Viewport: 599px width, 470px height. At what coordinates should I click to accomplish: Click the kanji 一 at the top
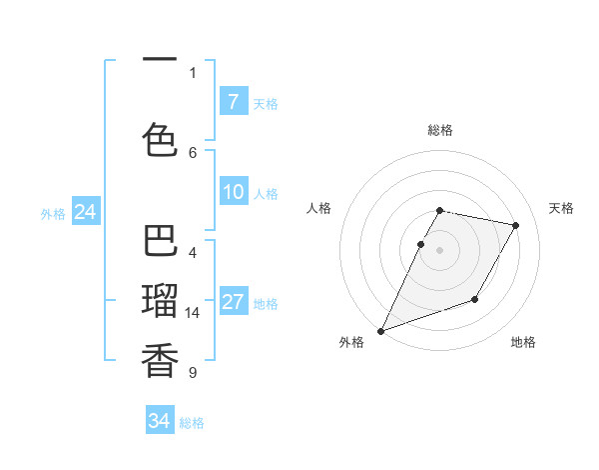point(160,60)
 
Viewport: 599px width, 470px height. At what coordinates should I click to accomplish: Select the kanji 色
point(160,138)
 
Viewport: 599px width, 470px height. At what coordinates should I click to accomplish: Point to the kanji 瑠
point(160,300)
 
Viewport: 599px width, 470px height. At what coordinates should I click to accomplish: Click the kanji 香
point(160,359)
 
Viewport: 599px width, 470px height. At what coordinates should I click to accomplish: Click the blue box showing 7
point(233,102)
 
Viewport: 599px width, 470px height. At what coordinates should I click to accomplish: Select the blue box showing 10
point(233,193)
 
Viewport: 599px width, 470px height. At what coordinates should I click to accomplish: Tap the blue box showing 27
point(233,303)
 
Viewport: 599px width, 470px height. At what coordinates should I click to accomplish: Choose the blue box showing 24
point(85,212)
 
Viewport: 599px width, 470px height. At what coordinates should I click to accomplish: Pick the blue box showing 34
point(160,422)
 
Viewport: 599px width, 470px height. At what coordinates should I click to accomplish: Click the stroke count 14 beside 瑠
point(193,313)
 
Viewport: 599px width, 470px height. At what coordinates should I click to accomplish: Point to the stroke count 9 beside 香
point(193,373)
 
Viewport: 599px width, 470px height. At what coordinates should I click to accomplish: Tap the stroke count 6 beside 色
point(193,152)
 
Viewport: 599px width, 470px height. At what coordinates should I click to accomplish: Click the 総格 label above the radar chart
point(440,131)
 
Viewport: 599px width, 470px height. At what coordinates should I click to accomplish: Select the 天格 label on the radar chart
point(561,208)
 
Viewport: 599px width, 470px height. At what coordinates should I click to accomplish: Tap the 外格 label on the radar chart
point(351,343)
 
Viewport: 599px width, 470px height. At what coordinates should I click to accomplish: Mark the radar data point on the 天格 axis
point(516,226)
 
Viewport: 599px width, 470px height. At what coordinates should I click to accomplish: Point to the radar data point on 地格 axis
point(475,299)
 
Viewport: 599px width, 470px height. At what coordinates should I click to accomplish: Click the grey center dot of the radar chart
point(439,250)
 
